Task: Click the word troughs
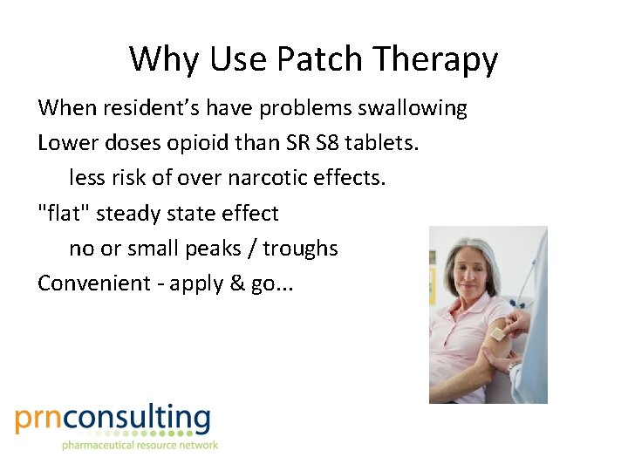(x=300, y=249)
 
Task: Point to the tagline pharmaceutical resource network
(x=140, y=446)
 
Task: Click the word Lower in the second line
(x=64, y=143)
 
